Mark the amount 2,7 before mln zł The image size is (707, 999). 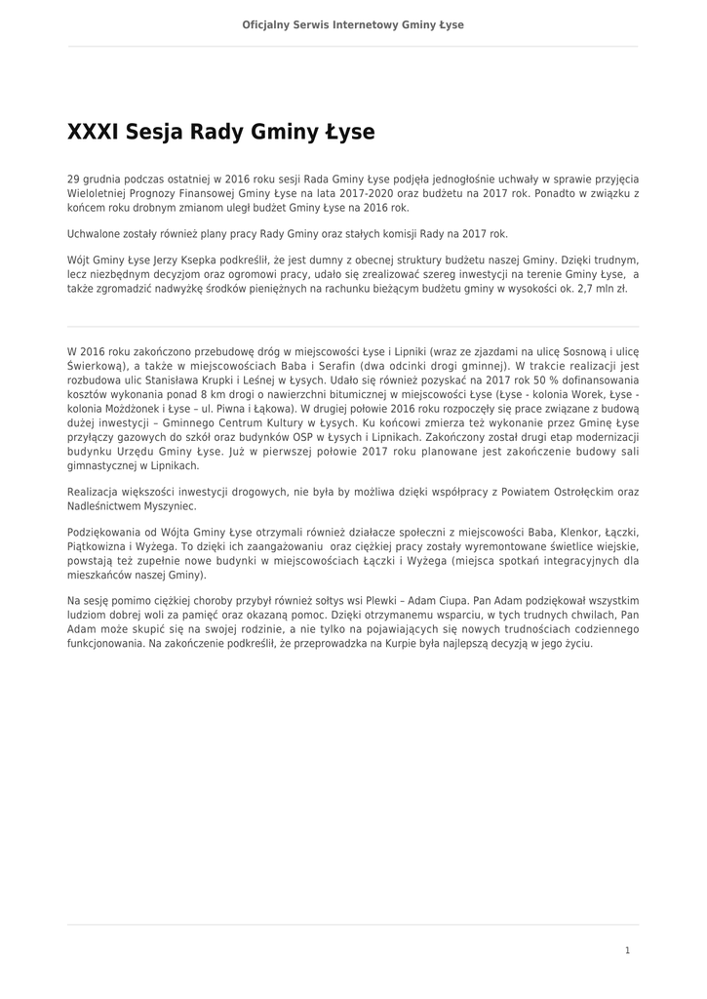tap(582, 290)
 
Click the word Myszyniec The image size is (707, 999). tap(168, 507)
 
